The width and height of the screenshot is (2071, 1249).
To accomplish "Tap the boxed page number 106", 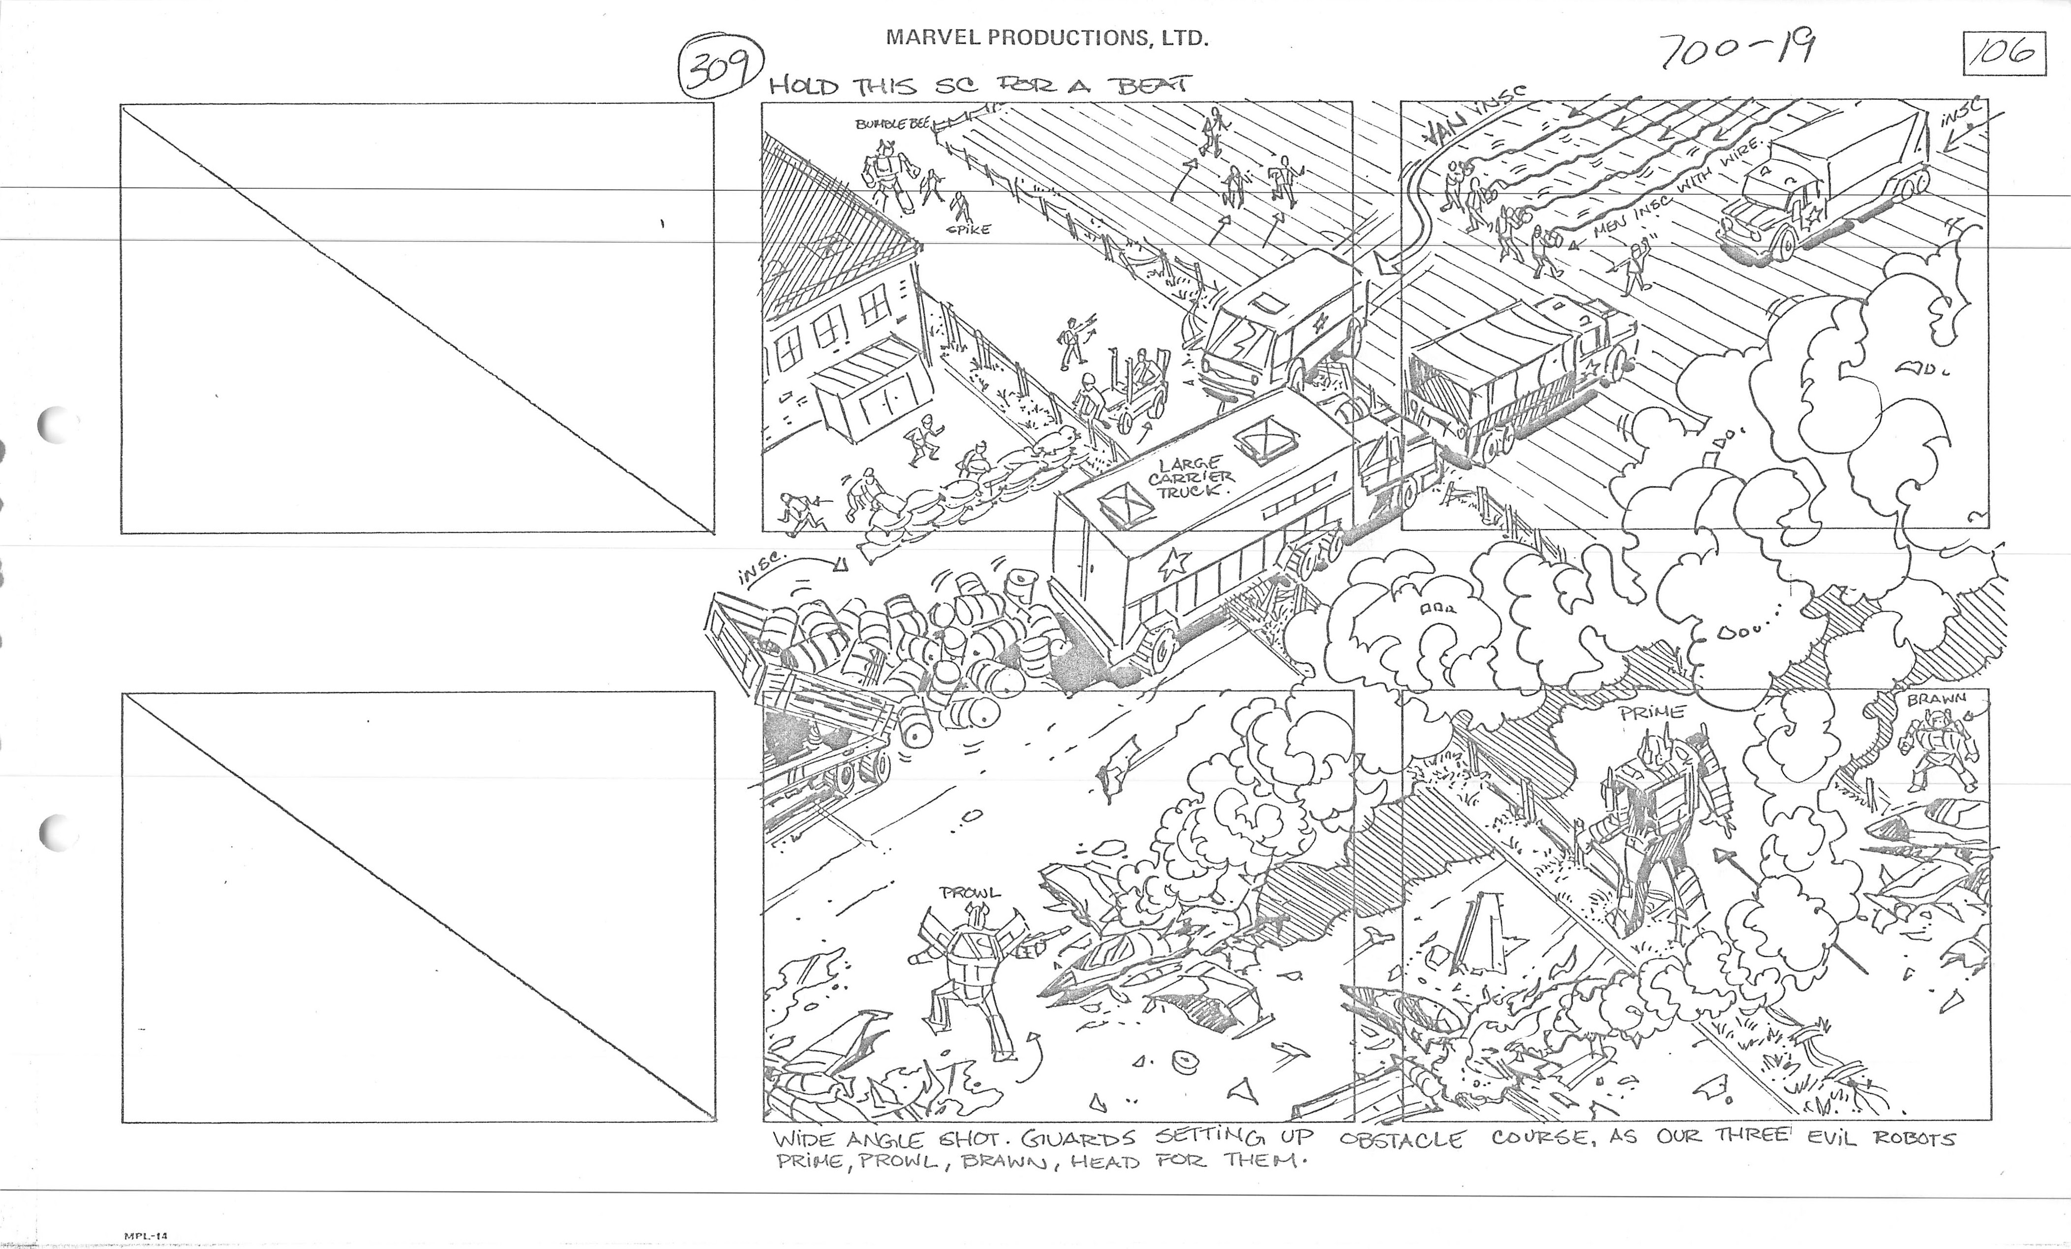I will [x=2004, y=54].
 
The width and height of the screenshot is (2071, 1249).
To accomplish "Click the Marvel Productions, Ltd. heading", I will [x=1047, y=38].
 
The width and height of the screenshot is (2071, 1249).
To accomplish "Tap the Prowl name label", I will [x=971, y=893].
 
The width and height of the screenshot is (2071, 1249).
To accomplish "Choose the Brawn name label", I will [x=1936, y=699].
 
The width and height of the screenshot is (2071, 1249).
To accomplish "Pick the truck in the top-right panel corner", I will [x=1824, y=189].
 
